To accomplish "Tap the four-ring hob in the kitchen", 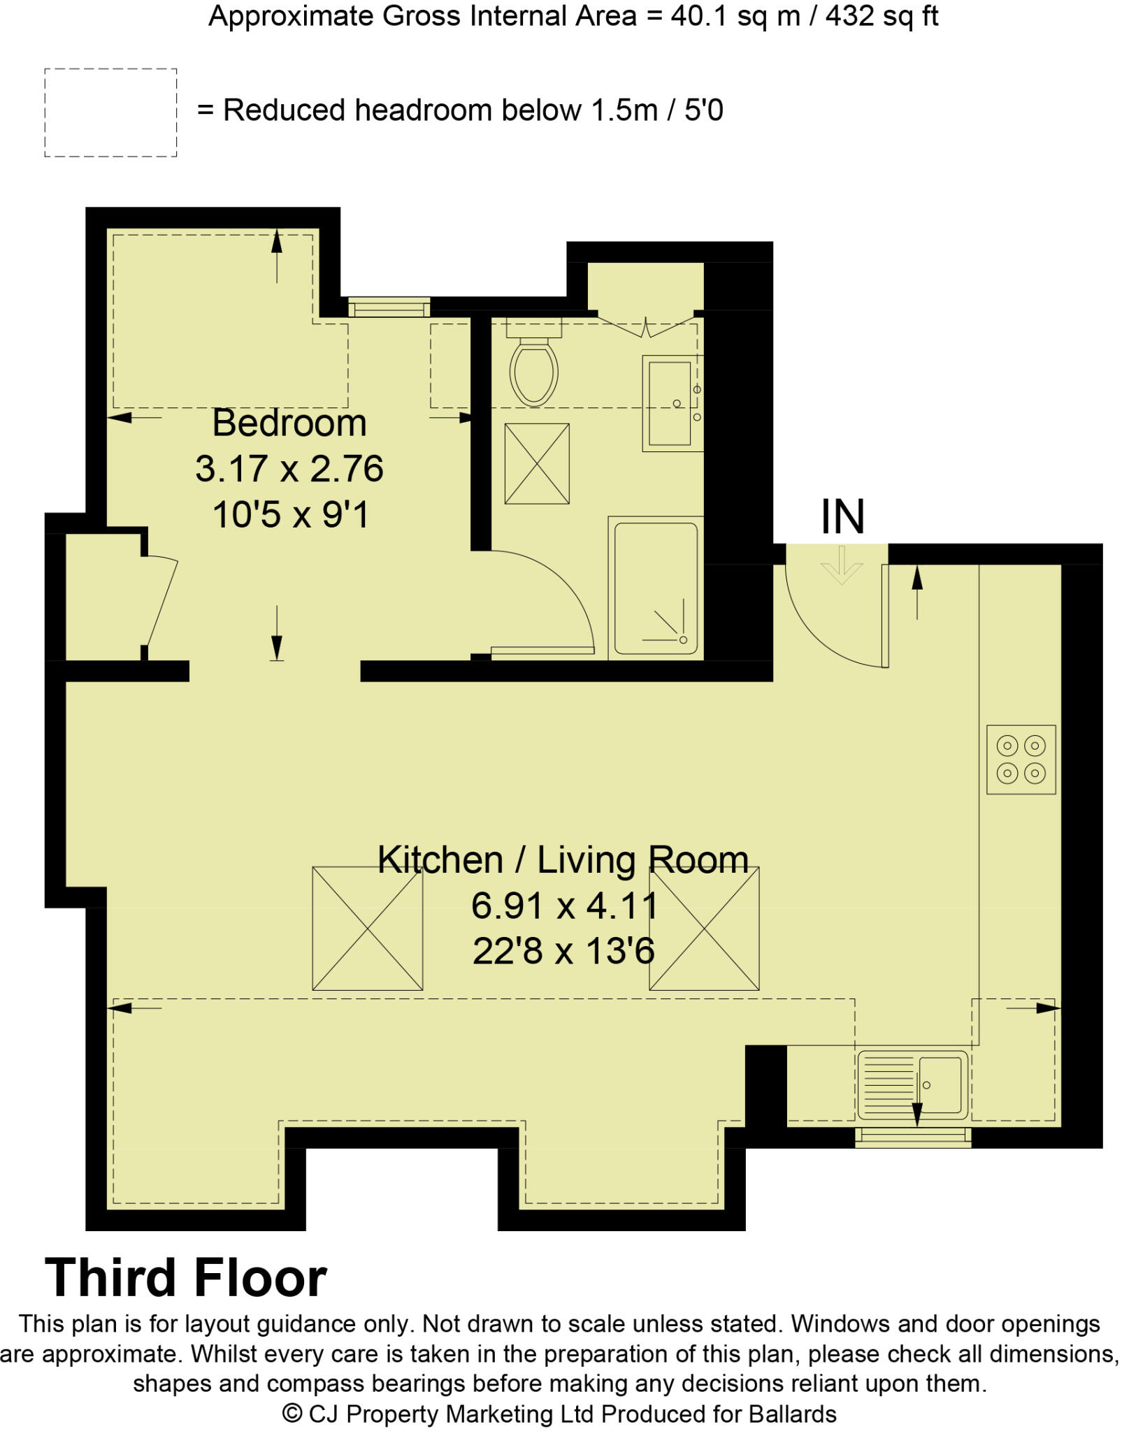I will tap(1020, 759).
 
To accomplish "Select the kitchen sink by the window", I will tap(912, 1084).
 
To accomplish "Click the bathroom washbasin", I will tap(671, 404).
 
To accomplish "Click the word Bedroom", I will tap(289, 423).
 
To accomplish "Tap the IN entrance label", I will tap(842, 517).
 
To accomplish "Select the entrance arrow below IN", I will tap(842, 565).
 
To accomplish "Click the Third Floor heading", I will tap(185, 1277).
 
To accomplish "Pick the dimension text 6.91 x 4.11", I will tap(564, 906).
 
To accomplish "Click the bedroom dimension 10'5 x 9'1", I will tap(290, 516).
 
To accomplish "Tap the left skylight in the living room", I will tap(367, 928).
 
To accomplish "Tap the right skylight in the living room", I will tap(704, 928).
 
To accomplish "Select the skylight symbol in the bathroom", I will tap(536, 463).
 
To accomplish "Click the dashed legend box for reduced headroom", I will tap(110, 112).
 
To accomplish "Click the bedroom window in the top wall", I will tap(389, 307).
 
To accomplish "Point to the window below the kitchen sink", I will tap(912, 1137).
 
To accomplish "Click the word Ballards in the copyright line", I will tap(792, 1414).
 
